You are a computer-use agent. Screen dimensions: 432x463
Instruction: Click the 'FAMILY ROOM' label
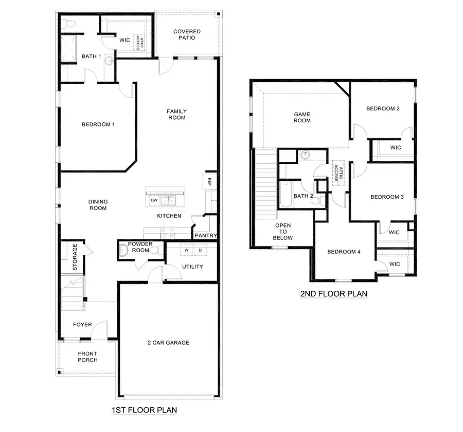point(176,115)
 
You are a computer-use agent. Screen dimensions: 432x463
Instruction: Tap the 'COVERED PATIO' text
point(187,34)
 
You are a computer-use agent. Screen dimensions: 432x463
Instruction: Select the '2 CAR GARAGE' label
point(168,343)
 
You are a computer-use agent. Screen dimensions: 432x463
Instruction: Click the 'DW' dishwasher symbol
point(154,200)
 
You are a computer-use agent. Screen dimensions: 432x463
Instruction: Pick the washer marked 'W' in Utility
point(186,250)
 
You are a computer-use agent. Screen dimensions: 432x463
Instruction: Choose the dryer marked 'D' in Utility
point(200,250)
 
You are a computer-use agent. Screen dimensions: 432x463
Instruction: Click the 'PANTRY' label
point(205,236)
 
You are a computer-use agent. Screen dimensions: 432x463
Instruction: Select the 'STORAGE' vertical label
point(75,257)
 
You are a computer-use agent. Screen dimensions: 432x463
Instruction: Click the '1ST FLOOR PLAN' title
point(144,410)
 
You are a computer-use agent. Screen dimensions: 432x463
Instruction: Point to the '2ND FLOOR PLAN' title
point(333,294)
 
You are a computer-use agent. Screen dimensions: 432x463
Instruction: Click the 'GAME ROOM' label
point(302,118)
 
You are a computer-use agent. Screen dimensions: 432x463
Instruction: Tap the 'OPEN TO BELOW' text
point(283,232)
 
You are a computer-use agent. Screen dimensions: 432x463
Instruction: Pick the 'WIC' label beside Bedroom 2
point(395,148)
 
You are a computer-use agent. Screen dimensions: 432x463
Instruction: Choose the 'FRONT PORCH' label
point(87,356)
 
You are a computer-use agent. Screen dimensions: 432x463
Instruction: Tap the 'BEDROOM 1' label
point(98,124)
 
